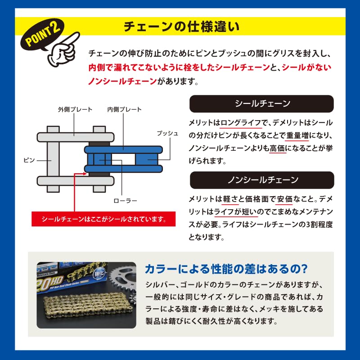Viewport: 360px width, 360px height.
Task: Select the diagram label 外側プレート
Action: pos(75,109)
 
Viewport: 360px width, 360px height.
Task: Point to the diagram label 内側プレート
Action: pos(124,109)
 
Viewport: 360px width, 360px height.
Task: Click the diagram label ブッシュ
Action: pos(167,134)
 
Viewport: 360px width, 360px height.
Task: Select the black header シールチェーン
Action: pos(262,104)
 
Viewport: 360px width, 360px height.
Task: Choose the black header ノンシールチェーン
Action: pos(262,180)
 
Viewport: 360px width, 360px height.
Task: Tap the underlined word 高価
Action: pos(278,148)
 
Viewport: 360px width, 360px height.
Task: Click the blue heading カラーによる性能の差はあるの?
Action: pos(226,269)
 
